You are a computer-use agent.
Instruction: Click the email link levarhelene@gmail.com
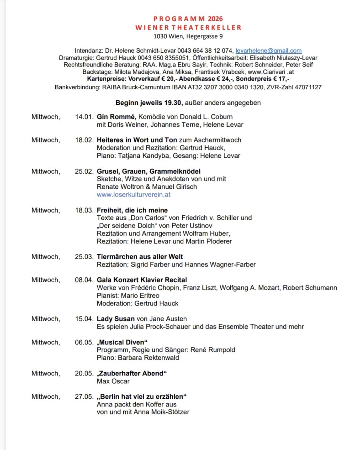click(268, 51)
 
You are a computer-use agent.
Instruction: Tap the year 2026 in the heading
click(215, 19)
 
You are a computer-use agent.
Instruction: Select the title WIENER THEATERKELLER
click(188, 28)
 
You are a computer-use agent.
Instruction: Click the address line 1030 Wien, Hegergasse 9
click(188, 36)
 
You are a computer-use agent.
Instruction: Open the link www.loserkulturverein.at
click(133, 195)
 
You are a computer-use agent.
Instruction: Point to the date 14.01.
click(84, 117)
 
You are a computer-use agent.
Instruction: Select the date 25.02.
click(84, 171)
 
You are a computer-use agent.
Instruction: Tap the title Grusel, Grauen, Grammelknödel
click(148, 171)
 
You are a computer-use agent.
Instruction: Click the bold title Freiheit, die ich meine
click(132, 211)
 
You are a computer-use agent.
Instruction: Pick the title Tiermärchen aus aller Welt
click(140, 257)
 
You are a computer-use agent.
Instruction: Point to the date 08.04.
click(84, 280)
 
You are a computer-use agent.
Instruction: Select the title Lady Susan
click(116, 319)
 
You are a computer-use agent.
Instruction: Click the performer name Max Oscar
click(113, 381)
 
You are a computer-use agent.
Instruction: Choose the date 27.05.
click(84, 397)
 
